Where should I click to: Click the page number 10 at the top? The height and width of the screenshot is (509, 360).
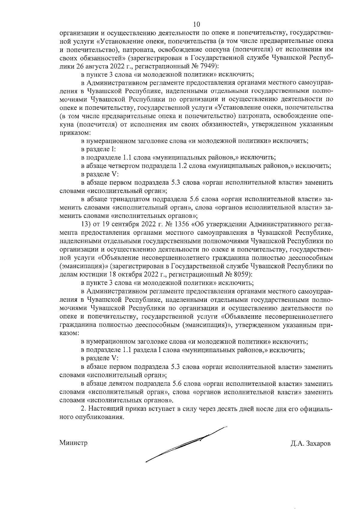pyautogui.click(x=196, y=24)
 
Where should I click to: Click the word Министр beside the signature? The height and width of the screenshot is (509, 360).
pyautogui.click(x=73, y=443)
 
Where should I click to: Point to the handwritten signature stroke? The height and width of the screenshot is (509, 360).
pyautogui.click(x=186, y=444)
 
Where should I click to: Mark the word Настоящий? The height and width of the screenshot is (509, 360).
pyautogui.click(x=102, y=409)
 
